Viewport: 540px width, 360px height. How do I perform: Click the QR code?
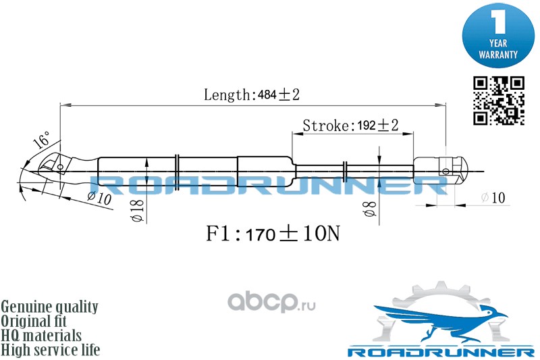pyautogui.click(x=498, y=101)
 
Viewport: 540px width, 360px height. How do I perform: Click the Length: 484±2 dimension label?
pyautogui.click(x=252, y=95)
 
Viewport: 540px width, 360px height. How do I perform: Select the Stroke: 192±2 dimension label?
pyautogui.click(x=350, y=126)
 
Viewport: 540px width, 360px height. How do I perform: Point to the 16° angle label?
pyautogui.click(x=41, y=140)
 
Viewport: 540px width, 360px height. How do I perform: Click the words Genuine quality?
pyautogui.click(x=50, y=307)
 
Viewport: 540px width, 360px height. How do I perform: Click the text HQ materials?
pyautogui.click(x=42, y=336)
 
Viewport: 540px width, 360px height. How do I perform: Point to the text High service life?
pyautogui.click(x=51, y=350)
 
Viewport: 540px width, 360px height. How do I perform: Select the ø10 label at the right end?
pyautogui.click(x=493, y=198)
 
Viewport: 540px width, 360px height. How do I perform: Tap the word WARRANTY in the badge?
pyautogui.click(x=498, y=53)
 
